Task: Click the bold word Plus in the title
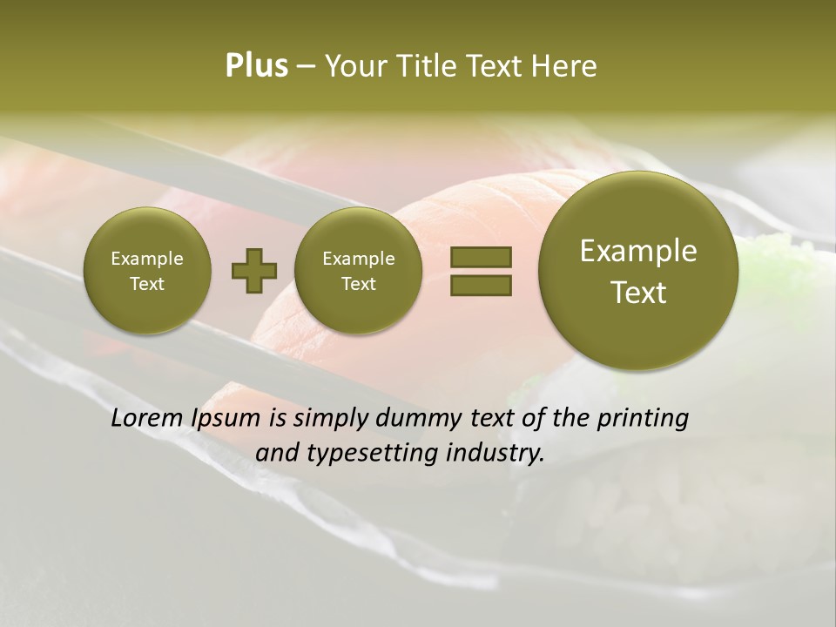tap(256, 66)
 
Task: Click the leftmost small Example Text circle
tap(146, 271)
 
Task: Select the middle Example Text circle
tap(358, 271)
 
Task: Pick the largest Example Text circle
tap(638, 271)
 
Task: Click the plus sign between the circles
tap(254, 271)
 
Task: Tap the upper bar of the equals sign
tap(481, 258)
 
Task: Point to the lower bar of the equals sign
tap(481, 285)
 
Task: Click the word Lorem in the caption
tap(146, 418)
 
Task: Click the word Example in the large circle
tap(638, 252)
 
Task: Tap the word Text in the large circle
tap(638, 293)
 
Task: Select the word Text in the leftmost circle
tap(146, 284)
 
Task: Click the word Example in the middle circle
tap(358, 259)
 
